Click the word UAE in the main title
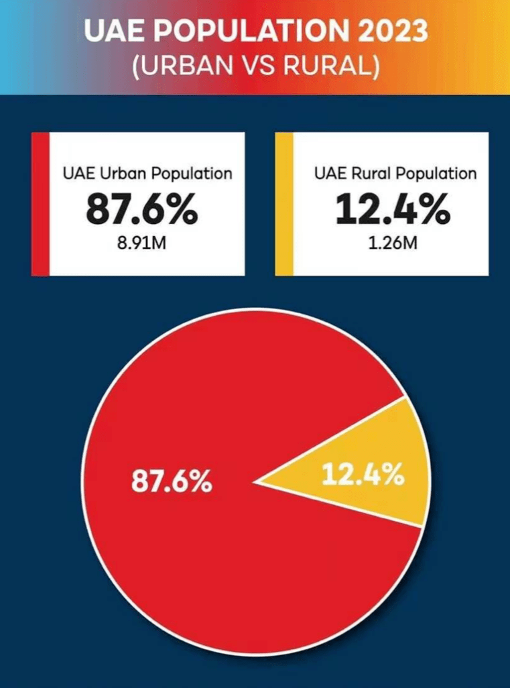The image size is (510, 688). tap(112, 32)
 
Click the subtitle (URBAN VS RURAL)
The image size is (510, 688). tap(255, 68)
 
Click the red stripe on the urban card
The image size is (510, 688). tap(40, 204)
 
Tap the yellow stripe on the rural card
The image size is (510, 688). tap(284, 204)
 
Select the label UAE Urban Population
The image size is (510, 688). tap(147, 173)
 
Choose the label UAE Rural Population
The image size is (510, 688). tap(395, 173)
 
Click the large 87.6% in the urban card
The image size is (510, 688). tap(141, 211)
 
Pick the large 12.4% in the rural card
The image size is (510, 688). tap(393, 211)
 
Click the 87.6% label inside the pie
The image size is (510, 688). tap(171, 481)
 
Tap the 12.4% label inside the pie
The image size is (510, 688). tap(363, 475)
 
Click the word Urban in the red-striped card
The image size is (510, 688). tap(122, 173)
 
